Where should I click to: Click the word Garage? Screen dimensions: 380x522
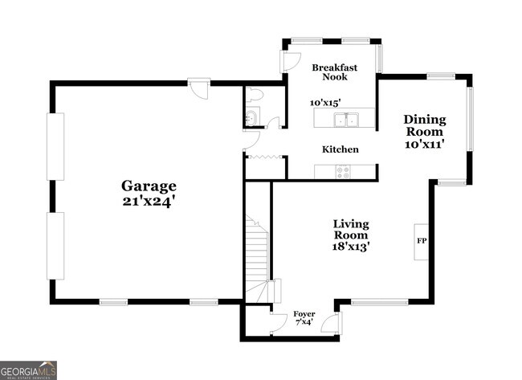[x=149, y=186]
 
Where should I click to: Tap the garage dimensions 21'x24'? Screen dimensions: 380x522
[x=149, y=202]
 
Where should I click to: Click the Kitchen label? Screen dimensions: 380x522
[x=340, y=149]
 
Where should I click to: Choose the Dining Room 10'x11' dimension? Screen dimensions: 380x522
[x=424, y=145]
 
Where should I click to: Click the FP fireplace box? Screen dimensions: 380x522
[x=421, y=241]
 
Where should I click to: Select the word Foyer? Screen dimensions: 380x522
[x=304, y=313]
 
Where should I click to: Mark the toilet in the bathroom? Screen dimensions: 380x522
[x=255, y=94]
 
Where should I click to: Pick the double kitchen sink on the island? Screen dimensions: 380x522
[x=346, y=121]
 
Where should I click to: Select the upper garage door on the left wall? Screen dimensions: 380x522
[x=55, y=147]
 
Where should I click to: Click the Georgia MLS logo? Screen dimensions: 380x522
[x=29, y=370]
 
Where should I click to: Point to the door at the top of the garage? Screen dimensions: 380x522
[x=198, y=88]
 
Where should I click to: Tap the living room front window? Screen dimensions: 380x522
[x=379, y=302]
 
